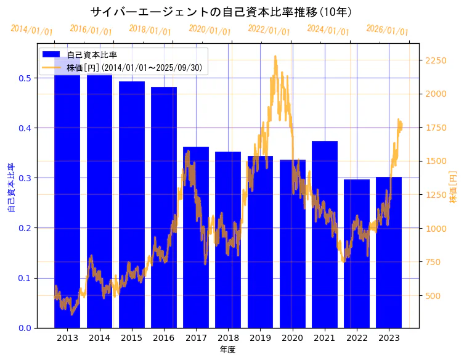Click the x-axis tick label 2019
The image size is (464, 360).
(x=260, y=338)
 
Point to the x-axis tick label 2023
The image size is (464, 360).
(x=389, y=338)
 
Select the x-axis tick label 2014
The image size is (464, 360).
(x=99, y=338)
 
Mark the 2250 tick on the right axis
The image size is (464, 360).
(x=436, y=60)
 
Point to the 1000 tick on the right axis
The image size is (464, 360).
(x=436, y=229)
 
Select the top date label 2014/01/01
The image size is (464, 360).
(x=31, y=30)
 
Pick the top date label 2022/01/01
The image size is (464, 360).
(x=269, y=30)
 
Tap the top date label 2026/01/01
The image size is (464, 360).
(x=387, y=30)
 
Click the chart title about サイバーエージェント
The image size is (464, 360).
(x=221, y=12)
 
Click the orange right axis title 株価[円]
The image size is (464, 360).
(x=453, y=188)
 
